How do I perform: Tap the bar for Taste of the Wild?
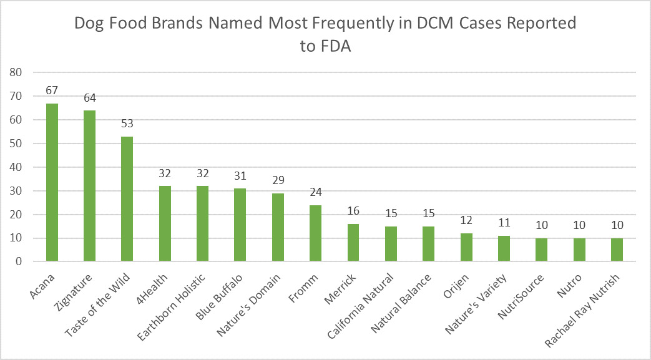[127, 199]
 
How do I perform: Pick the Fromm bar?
[315, 233]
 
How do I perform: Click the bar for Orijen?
[466, 248]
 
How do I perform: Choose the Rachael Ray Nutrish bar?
[617, 250]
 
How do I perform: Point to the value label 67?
[52, 90]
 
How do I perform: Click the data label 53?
[127, 124]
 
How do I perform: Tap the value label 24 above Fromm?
[315, 192]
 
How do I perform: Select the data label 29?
[278, 180]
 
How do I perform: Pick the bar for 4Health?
[165, 224]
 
